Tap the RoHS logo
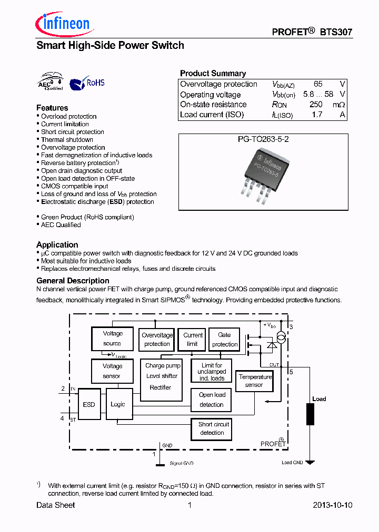pyautogui.click(x=88, y=83)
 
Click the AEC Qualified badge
pyautogui.click(x=51, y=81)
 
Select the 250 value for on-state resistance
pyautogui.click(x=316, y=105)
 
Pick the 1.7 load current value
pyautogui.click(x=316, y=115)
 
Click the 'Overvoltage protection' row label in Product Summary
pyautogui.click(x=218, y=84)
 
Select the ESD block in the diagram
pyautogui.click(x=89, y=404)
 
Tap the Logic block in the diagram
pyautogui.click(x=118, y=404)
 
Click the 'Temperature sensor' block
pyautogui.click(x=255, y=381)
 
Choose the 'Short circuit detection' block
pyautogui.click(x=212, y=428)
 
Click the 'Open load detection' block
pyautogui.click(x=212, y=400)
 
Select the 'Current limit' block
pyautogui.click(x=193, y=340)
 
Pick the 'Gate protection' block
pyautogui.click(x=225, y=340)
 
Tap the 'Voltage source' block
pyautogui.click(x=112, y=339)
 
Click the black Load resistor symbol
pyautogui.click(x=311, y=414)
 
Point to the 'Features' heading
pyautogui.click(x=52, y=108)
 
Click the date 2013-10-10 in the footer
pyautogui.click(x=332, y=505)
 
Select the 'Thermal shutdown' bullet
pyautogui.click(x=67, y=140)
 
